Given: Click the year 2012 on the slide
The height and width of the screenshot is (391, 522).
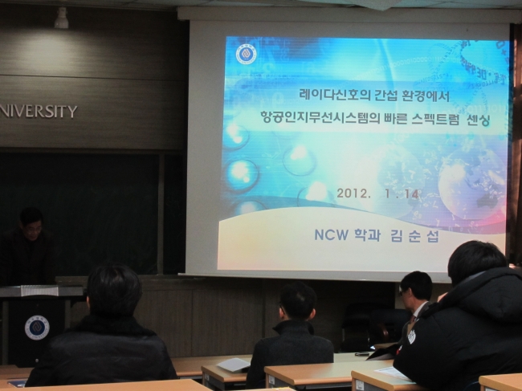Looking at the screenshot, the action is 353,193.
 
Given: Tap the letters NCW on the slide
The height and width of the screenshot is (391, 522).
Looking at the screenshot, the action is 331,235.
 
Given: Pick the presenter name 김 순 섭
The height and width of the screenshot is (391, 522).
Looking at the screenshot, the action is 414,235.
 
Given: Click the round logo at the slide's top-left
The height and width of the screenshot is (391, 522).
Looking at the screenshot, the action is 247,55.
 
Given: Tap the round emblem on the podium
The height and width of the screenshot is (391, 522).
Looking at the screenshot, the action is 37,328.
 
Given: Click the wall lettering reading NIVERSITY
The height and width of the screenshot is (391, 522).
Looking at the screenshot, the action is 39,112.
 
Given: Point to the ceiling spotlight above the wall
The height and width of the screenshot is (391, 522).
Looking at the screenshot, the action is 61,18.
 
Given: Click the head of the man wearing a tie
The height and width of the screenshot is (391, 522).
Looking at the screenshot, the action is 415,288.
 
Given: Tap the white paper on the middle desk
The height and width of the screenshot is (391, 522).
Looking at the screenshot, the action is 234,365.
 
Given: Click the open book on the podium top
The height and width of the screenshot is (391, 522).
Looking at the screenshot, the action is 40,291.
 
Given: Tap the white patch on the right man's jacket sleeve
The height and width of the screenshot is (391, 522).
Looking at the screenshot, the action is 411,336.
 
